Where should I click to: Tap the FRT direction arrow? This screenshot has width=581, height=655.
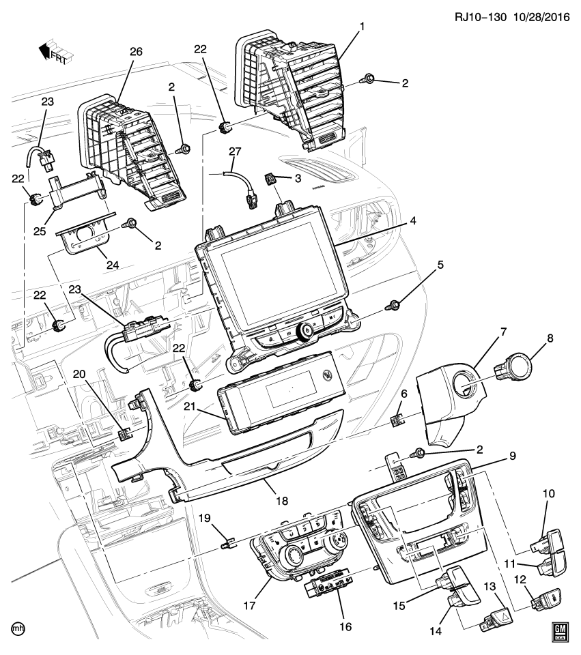(53, 52)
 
